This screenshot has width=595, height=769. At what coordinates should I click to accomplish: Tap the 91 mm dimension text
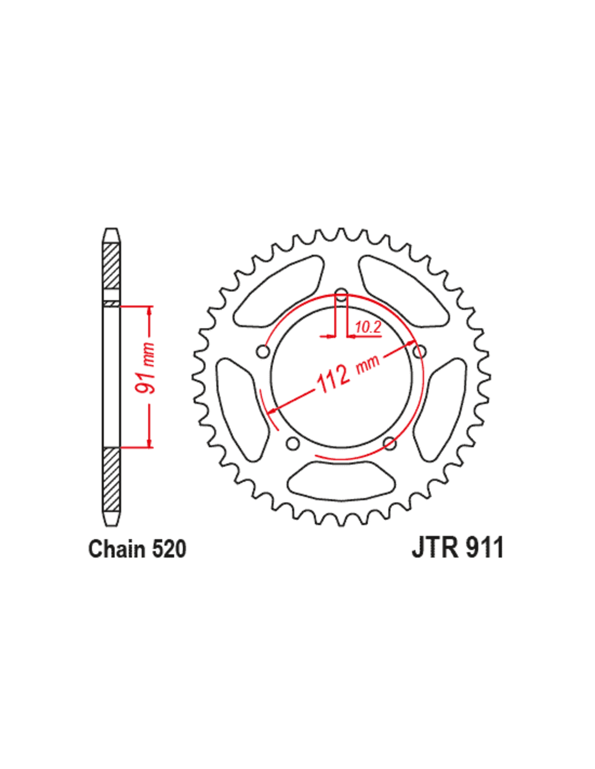(x=146, y=368)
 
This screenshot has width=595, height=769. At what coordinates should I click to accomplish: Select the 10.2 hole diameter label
(x=368, y=328)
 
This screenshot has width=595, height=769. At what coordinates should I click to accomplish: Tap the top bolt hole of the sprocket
(x=341, y=294)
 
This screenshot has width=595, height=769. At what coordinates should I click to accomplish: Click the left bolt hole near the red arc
(x=263, y=352)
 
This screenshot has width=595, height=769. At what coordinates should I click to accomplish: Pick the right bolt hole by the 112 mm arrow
(x=420, y=352)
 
